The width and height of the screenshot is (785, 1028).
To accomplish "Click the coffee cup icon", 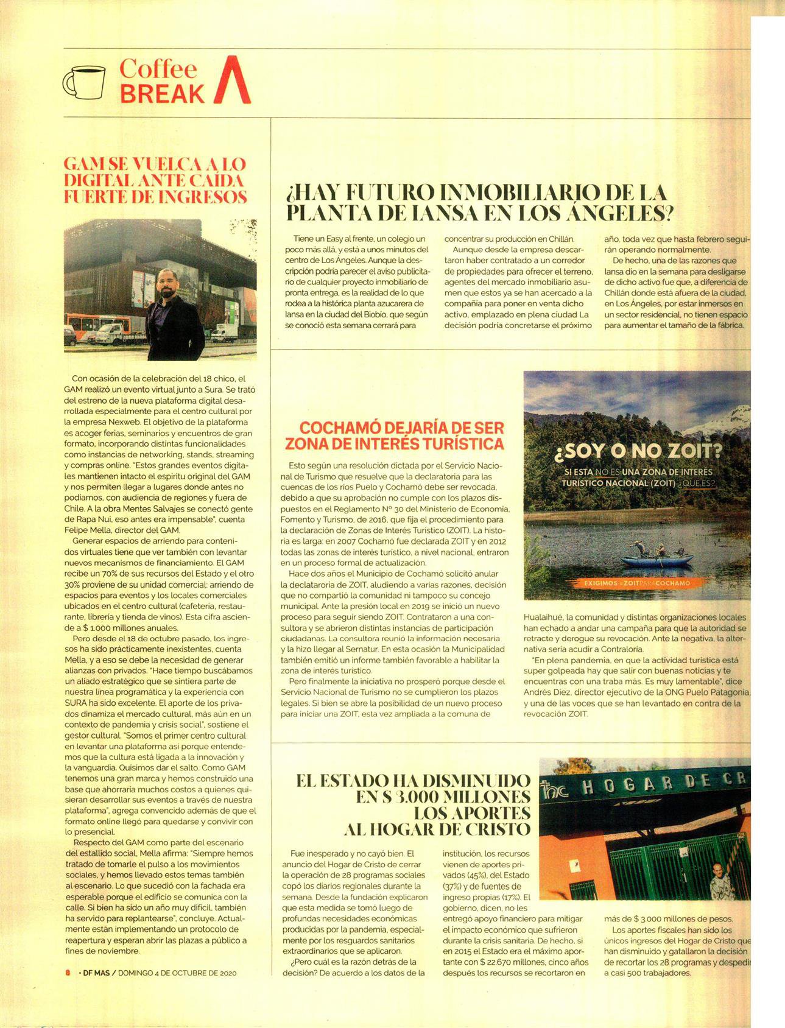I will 83,82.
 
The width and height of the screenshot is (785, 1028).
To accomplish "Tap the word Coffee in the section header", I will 158,69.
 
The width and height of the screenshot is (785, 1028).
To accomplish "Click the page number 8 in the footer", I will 68,972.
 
